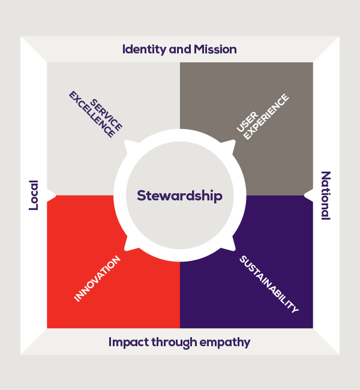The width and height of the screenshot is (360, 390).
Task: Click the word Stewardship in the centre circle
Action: pyautogui.click(x=179, y=196)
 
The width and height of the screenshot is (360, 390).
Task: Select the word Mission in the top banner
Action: pyautogui.click(x=215, y=49)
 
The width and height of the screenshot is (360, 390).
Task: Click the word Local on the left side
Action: pyautogui.click(x=34, y=195)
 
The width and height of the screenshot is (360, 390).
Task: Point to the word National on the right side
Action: pyautogui.click(x=326, y=196)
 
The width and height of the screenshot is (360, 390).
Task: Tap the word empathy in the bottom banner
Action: pyautogui.click(x=226, y=343)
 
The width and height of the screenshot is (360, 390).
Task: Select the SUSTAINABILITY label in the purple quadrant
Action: pyautogui.click(x=268, y=284)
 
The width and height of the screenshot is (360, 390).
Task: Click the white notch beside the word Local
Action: pyautogui.click(x=52, y=195)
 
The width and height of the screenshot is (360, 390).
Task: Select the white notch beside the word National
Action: pyautogui.click(x=308, y=195)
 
